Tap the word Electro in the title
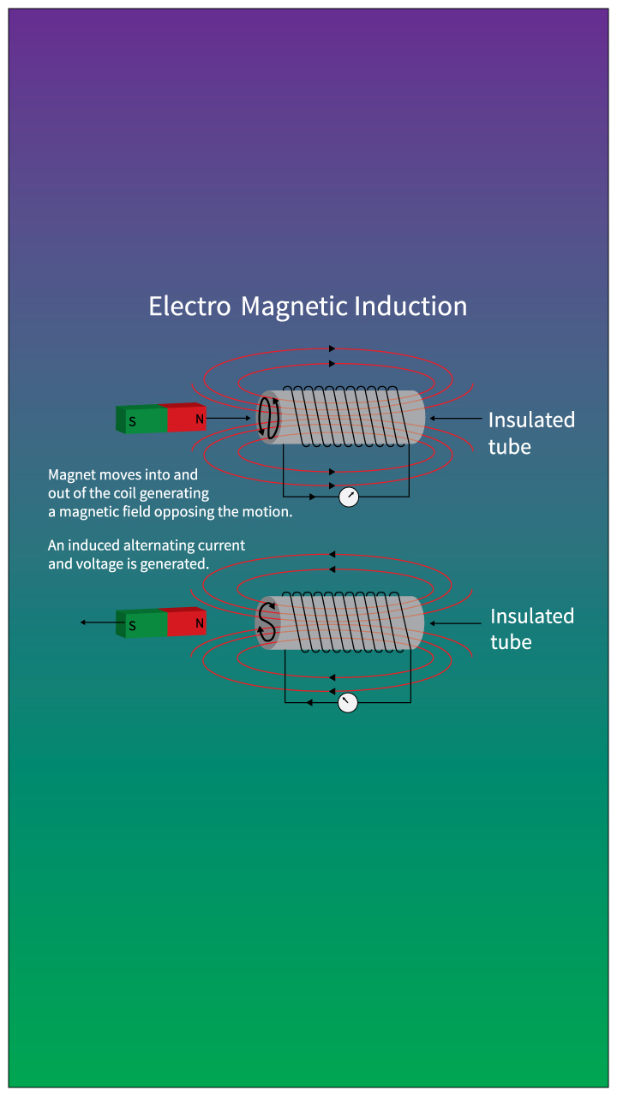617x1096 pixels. pyautogui.click(x=189, y=307)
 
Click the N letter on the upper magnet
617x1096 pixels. pyautogui.click(x=200, y=420)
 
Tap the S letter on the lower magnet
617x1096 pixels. pyautogui.click(x=132, y=626)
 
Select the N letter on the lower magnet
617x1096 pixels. pyautogui.click(x=200, y=623)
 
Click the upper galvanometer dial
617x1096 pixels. pyautogui.click(x=349, y=497)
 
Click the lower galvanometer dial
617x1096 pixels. pyautogui.click(x=347, y=703)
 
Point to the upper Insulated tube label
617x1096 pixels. pyautogui.click(x=531, y=432)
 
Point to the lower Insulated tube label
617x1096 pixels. pyautogui.click(x=532, y=628)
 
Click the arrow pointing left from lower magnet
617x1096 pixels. pyautogui.click(x=98, y=622)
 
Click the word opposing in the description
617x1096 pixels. pyautogui.click(x=201, y=512)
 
